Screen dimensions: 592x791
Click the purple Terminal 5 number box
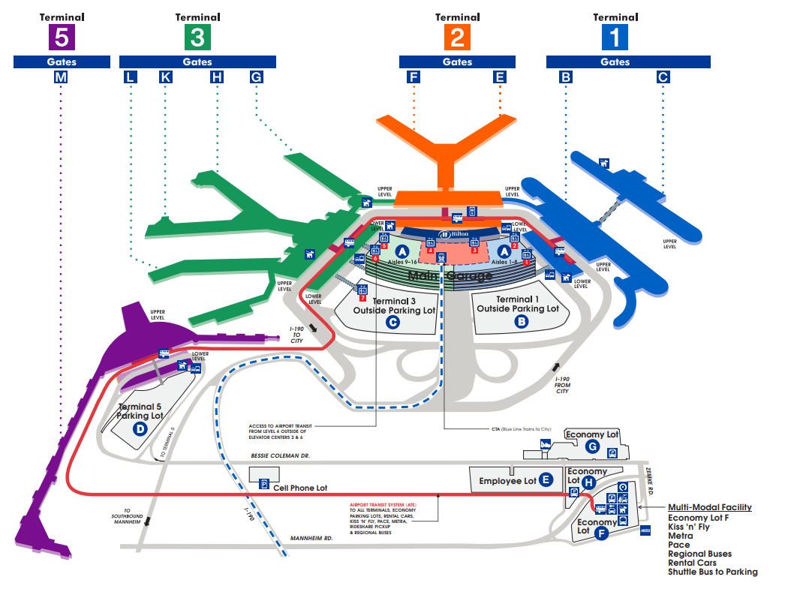point(61,37)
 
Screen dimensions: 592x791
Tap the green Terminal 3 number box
point(197,37)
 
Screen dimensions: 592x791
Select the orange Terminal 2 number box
point(457,37)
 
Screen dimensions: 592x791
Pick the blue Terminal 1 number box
point(615,37)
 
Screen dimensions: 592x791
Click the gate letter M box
point(61,77)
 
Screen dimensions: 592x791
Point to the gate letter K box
point(165,77)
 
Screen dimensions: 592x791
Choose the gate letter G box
point(256,77)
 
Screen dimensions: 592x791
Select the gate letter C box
point(663,77)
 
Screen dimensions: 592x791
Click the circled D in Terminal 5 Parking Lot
point(140,429)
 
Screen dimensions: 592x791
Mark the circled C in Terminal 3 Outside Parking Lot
point(392,323)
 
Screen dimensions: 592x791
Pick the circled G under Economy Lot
point(592,448)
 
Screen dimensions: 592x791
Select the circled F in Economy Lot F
point(600,534)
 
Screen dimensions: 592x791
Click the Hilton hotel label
point(455,234)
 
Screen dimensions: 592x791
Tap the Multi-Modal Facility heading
point(709,508)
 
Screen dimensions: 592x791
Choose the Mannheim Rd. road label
point(310,538)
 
